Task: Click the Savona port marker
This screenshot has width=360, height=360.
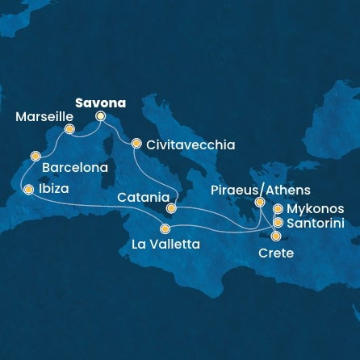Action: coord(101,116)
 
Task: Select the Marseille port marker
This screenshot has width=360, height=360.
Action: coord(69,129)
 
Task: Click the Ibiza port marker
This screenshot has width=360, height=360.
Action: coord(29,190)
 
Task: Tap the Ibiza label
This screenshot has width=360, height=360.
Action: coord(53,190)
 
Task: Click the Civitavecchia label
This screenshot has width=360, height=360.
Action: coord(190,145)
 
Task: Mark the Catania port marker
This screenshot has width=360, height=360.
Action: coord(171,208)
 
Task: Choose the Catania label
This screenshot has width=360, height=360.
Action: coord(142,197)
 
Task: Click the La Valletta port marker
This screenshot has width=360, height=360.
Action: coord(165,228)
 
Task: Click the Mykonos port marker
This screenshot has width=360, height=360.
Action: coord(278,209)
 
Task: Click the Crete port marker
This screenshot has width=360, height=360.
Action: coord(277,237)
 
